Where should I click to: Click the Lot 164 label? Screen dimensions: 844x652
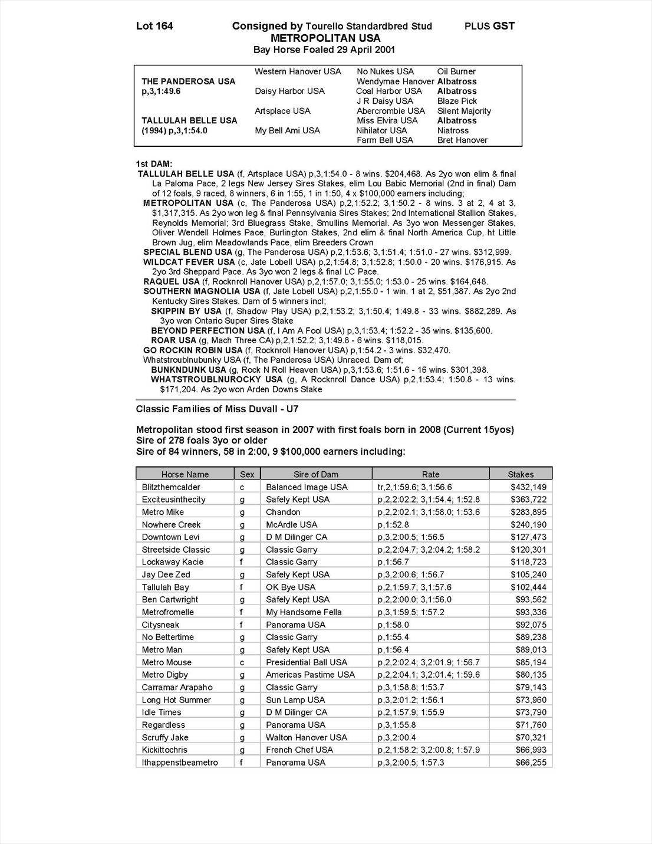pos(154,26)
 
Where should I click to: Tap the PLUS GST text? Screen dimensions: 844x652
pos(489,26)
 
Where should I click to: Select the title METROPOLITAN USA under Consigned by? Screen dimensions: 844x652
pos(325,38)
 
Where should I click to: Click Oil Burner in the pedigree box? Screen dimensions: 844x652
pos(456,71)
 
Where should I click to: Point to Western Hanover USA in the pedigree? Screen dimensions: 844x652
pos(298,71)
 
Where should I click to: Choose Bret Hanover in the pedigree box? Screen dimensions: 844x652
pos(462,140)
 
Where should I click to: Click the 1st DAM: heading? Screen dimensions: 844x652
pos(154,163)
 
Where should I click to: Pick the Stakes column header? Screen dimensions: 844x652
pos(521,474)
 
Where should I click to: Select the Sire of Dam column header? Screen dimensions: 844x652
pos(315,474)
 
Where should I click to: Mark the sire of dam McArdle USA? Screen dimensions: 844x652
pos(292,524)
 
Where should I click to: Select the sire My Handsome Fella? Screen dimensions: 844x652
pos(304,612)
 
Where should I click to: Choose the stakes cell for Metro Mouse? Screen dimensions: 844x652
pos(531,662)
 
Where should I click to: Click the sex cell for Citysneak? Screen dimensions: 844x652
pos(242,625)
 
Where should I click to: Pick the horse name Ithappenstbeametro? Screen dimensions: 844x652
pos(180,763)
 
